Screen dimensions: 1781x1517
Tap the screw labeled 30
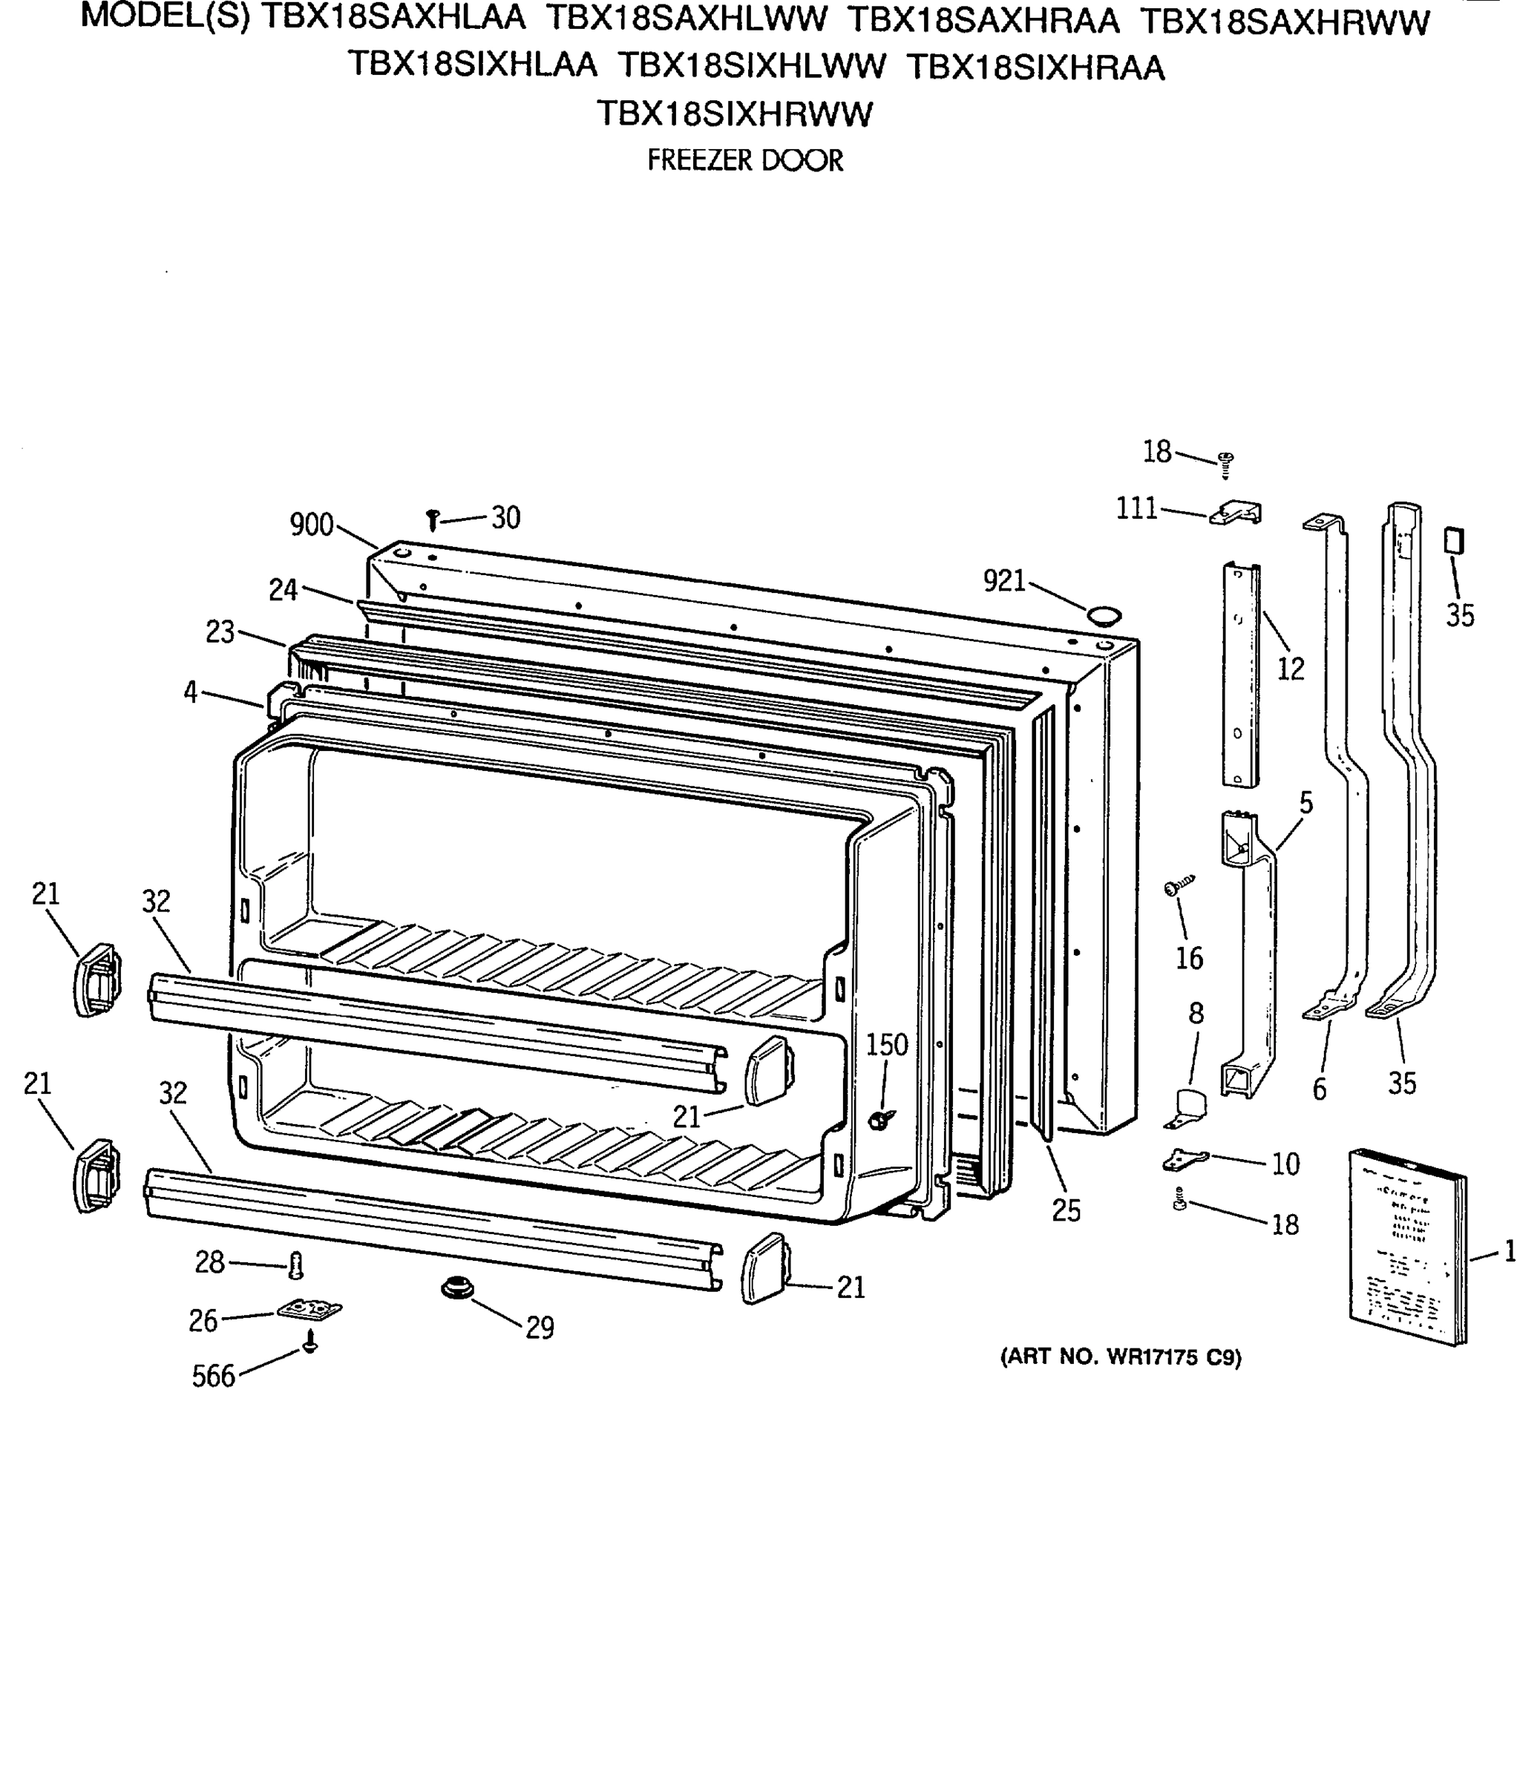point(433,519)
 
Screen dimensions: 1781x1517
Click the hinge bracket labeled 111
point(1236,514)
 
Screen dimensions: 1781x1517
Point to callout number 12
point(1290,669)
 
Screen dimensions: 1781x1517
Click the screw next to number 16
point(1179,886)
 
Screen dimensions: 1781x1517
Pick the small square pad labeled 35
point(1453,541)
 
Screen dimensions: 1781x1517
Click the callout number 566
point(213,1376)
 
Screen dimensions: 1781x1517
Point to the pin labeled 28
point(297,1265)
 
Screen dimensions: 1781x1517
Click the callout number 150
point(886,1044)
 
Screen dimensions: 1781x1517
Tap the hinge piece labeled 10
point(1184,1160)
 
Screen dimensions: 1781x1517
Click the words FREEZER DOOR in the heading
point(744,161)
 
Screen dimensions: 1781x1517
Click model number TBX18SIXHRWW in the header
point(735,114)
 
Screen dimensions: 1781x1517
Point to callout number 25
point(1066,1210)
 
